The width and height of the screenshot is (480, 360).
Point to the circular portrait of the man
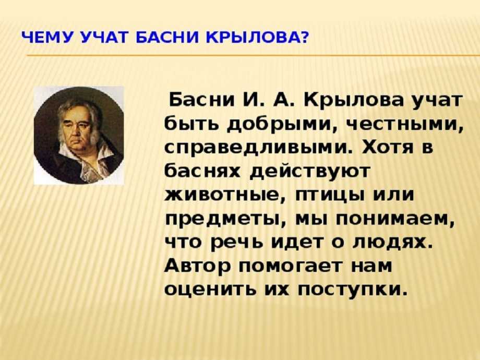pos(79,136)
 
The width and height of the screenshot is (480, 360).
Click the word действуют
pos(310,172)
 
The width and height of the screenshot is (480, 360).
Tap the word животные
pos(225,195)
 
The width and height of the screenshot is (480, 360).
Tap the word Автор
pos(197,266)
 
